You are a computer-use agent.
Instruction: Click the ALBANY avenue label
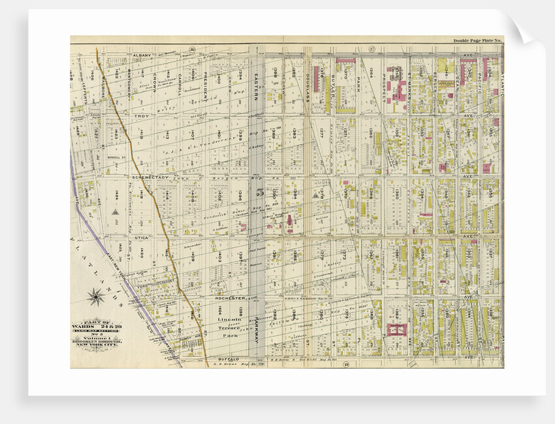coord(142,56)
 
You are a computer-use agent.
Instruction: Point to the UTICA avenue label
coord(142,237)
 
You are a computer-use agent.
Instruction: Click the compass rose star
coord(96,297)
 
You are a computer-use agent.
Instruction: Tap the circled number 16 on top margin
coord(193,49)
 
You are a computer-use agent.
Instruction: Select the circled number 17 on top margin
coord(371,49)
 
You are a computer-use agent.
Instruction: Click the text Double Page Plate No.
coord(477,40)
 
